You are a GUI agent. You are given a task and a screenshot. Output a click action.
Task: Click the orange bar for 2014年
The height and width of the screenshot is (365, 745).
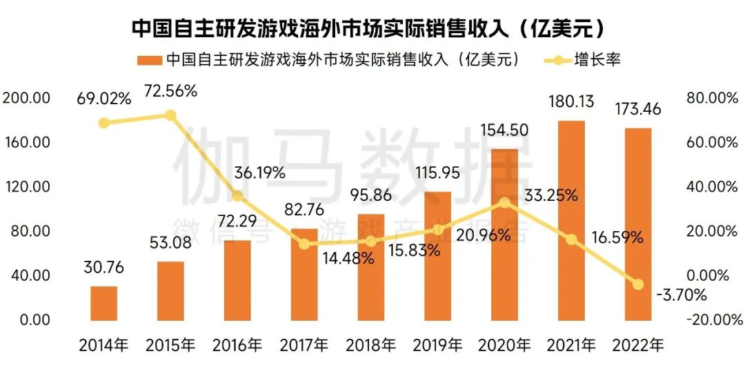pyautogui.click(x=104, y=303)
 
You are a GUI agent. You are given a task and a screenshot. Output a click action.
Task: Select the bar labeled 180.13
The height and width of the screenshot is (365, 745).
pyautogui.click(x=571, y=221)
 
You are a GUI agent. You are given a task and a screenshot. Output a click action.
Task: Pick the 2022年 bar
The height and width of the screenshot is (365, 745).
pyautogui.click(x=637, y=224)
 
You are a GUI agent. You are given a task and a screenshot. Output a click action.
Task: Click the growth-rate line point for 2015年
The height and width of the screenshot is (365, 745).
pyautogui.click(x=170, y=115)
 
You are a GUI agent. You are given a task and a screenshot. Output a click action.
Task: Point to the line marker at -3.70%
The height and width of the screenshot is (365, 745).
pyautogui.click(x=638, y=284)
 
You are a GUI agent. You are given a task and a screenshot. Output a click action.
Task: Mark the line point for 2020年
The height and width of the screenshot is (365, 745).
pyautogui.click(x=505, y=203)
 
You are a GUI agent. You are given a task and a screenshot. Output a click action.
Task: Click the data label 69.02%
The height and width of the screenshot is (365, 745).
pyautogui.click(x=103, y=98)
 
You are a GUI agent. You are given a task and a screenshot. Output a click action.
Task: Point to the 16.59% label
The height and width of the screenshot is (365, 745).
pyautogui.click(x=617, y=238)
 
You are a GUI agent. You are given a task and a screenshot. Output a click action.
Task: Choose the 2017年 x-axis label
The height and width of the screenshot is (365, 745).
pyautogui.click(x=304, y=344)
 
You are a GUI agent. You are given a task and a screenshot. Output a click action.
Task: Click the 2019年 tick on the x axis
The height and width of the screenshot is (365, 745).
pyautogui.click(x=437, y=344)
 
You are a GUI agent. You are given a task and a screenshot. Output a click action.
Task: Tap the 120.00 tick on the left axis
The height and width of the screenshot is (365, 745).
pyautogui.click(x=26, y=186)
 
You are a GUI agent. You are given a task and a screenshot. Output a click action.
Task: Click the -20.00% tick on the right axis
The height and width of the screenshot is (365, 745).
pyautogui.click(x=711, y=319)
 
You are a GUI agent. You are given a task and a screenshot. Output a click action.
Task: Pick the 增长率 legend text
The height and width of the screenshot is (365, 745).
pyautogui.click(x=597, y=60)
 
